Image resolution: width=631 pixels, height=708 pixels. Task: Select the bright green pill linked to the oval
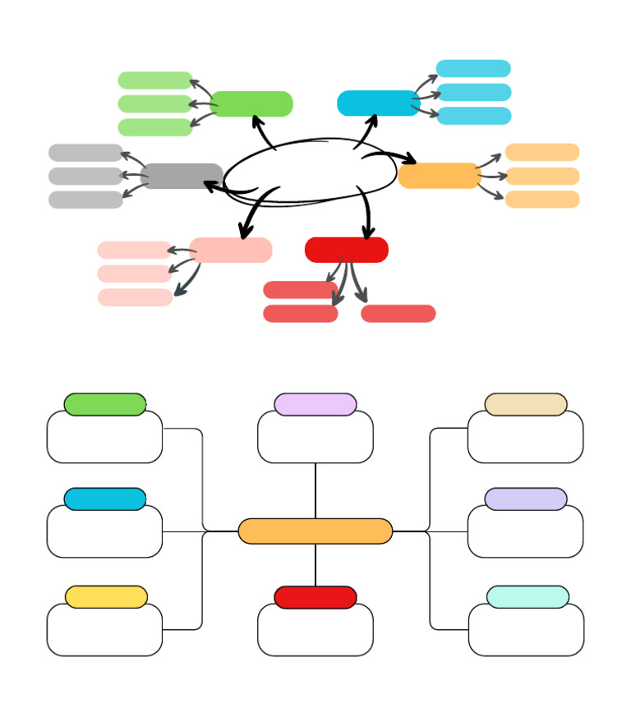(251, 104)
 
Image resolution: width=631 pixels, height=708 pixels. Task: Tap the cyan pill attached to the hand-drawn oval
(377, 103)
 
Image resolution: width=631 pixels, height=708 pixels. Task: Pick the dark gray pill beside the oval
(182, 176)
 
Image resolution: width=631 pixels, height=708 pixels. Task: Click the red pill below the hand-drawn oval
(346, 250)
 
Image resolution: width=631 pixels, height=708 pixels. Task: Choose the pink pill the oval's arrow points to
(231, 250)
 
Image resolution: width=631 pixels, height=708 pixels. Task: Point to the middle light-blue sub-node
(473, 92)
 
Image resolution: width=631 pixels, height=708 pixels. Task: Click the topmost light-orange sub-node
(541, 152)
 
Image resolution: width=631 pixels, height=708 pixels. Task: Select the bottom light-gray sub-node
(85, 200)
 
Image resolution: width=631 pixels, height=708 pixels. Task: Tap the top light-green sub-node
(155, 80)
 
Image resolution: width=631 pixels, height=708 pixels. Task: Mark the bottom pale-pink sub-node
(135, 297)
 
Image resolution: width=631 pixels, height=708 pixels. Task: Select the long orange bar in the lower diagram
(315, 531)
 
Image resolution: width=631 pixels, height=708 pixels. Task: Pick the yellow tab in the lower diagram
(106, 597)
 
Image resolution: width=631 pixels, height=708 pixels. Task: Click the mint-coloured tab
(527, 597)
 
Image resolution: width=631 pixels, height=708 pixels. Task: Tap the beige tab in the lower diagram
(526, 404)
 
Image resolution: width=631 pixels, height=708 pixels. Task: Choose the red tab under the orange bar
(315, 597)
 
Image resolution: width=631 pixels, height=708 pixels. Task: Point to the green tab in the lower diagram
(105, 404)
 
